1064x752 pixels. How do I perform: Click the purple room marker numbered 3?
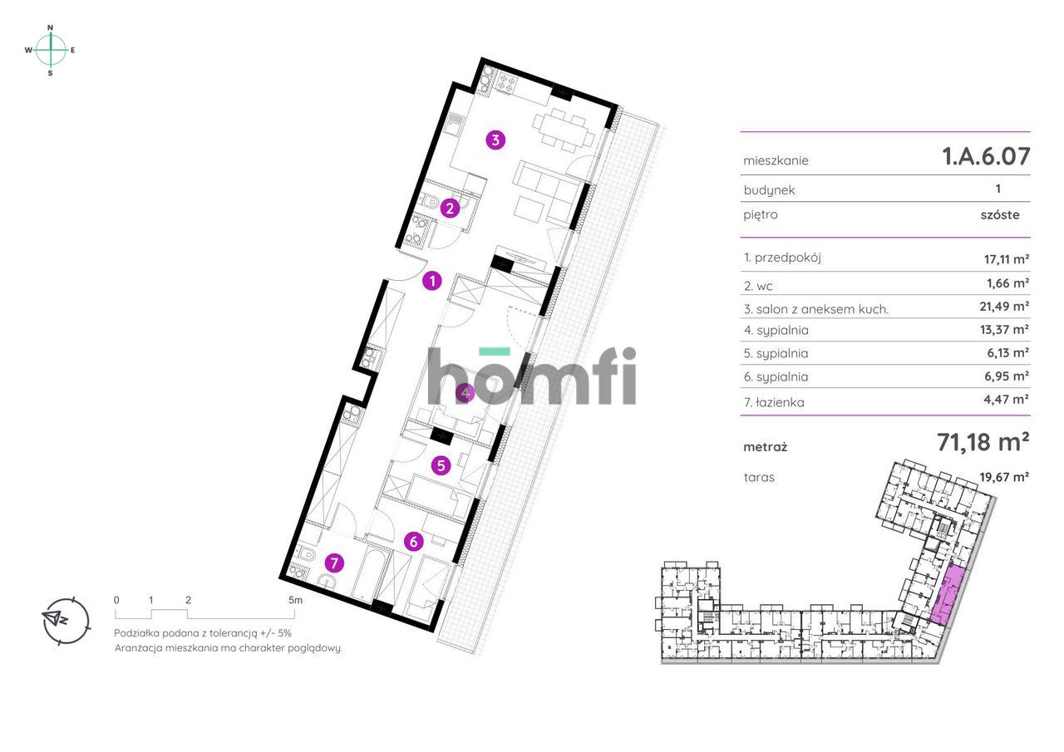495,140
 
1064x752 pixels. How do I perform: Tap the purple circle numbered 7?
334,563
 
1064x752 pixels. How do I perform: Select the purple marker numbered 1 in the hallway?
432,281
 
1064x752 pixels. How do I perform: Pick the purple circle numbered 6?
414,542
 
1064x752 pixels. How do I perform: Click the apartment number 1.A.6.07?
986,156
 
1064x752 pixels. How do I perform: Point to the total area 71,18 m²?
983,442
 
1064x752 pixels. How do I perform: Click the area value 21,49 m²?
1004,307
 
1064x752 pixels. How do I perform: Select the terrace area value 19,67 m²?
1004,476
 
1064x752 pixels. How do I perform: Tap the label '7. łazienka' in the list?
774,402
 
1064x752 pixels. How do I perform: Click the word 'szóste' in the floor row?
1000,214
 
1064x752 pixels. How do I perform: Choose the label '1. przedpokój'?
782,258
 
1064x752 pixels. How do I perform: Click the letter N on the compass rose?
51,28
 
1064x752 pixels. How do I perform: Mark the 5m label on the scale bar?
295,600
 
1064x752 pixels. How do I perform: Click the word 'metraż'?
766,447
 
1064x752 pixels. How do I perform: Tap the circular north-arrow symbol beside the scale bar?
66,621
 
